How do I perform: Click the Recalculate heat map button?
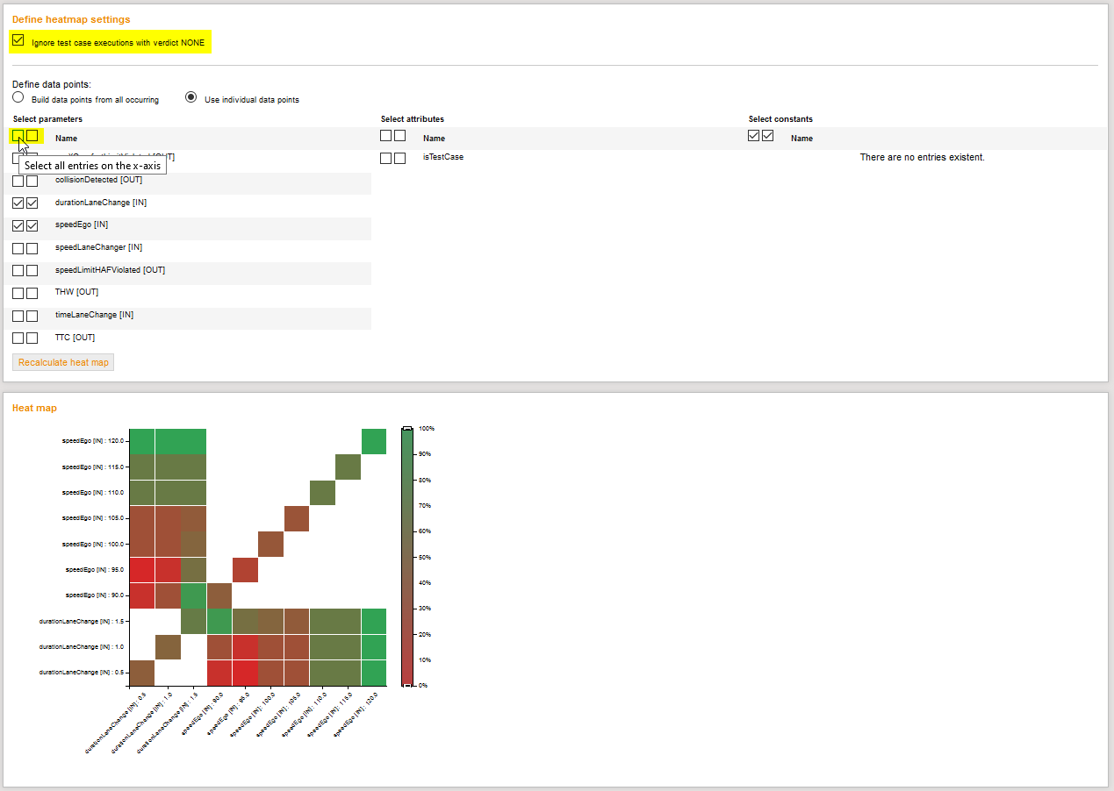point(63,362)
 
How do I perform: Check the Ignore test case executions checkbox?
point(18,40)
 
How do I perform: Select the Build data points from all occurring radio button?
point(18,97)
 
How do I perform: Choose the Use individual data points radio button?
point(190,97)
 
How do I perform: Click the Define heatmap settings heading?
point(71,19)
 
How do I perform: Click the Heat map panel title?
point(34,408)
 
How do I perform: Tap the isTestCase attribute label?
point(443,157)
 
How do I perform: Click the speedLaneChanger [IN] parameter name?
point(98,247)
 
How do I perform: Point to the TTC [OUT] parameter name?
point(75,338)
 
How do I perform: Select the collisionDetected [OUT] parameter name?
point(98,180)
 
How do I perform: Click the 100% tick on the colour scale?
point(427,429)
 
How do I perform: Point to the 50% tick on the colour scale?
point(425,557)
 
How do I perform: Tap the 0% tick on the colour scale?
point(423,685)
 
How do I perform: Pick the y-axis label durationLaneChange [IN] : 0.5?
point(83,673)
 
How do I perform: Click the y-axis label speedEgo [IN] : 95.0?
point(97,570)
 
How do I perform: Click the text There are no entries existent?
point(922,158)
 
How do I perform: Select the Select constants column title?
point(780,119)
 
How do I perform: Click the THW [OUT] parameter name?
point(76,292)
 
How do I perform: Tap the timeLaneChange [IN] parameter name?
point(94,315)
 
